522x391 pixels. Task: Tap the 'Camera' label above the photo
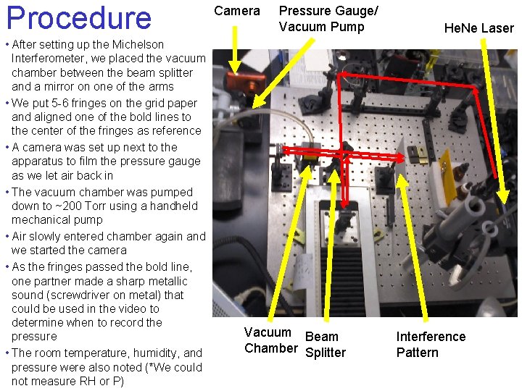point(236,11)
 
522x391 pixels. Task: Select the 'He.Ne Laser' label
point(478,28)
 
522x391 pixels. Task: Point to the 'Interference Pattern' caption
point(431,345)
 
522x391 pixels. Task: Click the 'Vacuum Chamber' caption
point(268,340)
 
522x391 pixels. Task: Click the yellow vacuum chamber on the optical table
point(310,154)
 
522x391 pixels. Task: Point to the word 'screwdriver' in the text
point(78,295)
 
